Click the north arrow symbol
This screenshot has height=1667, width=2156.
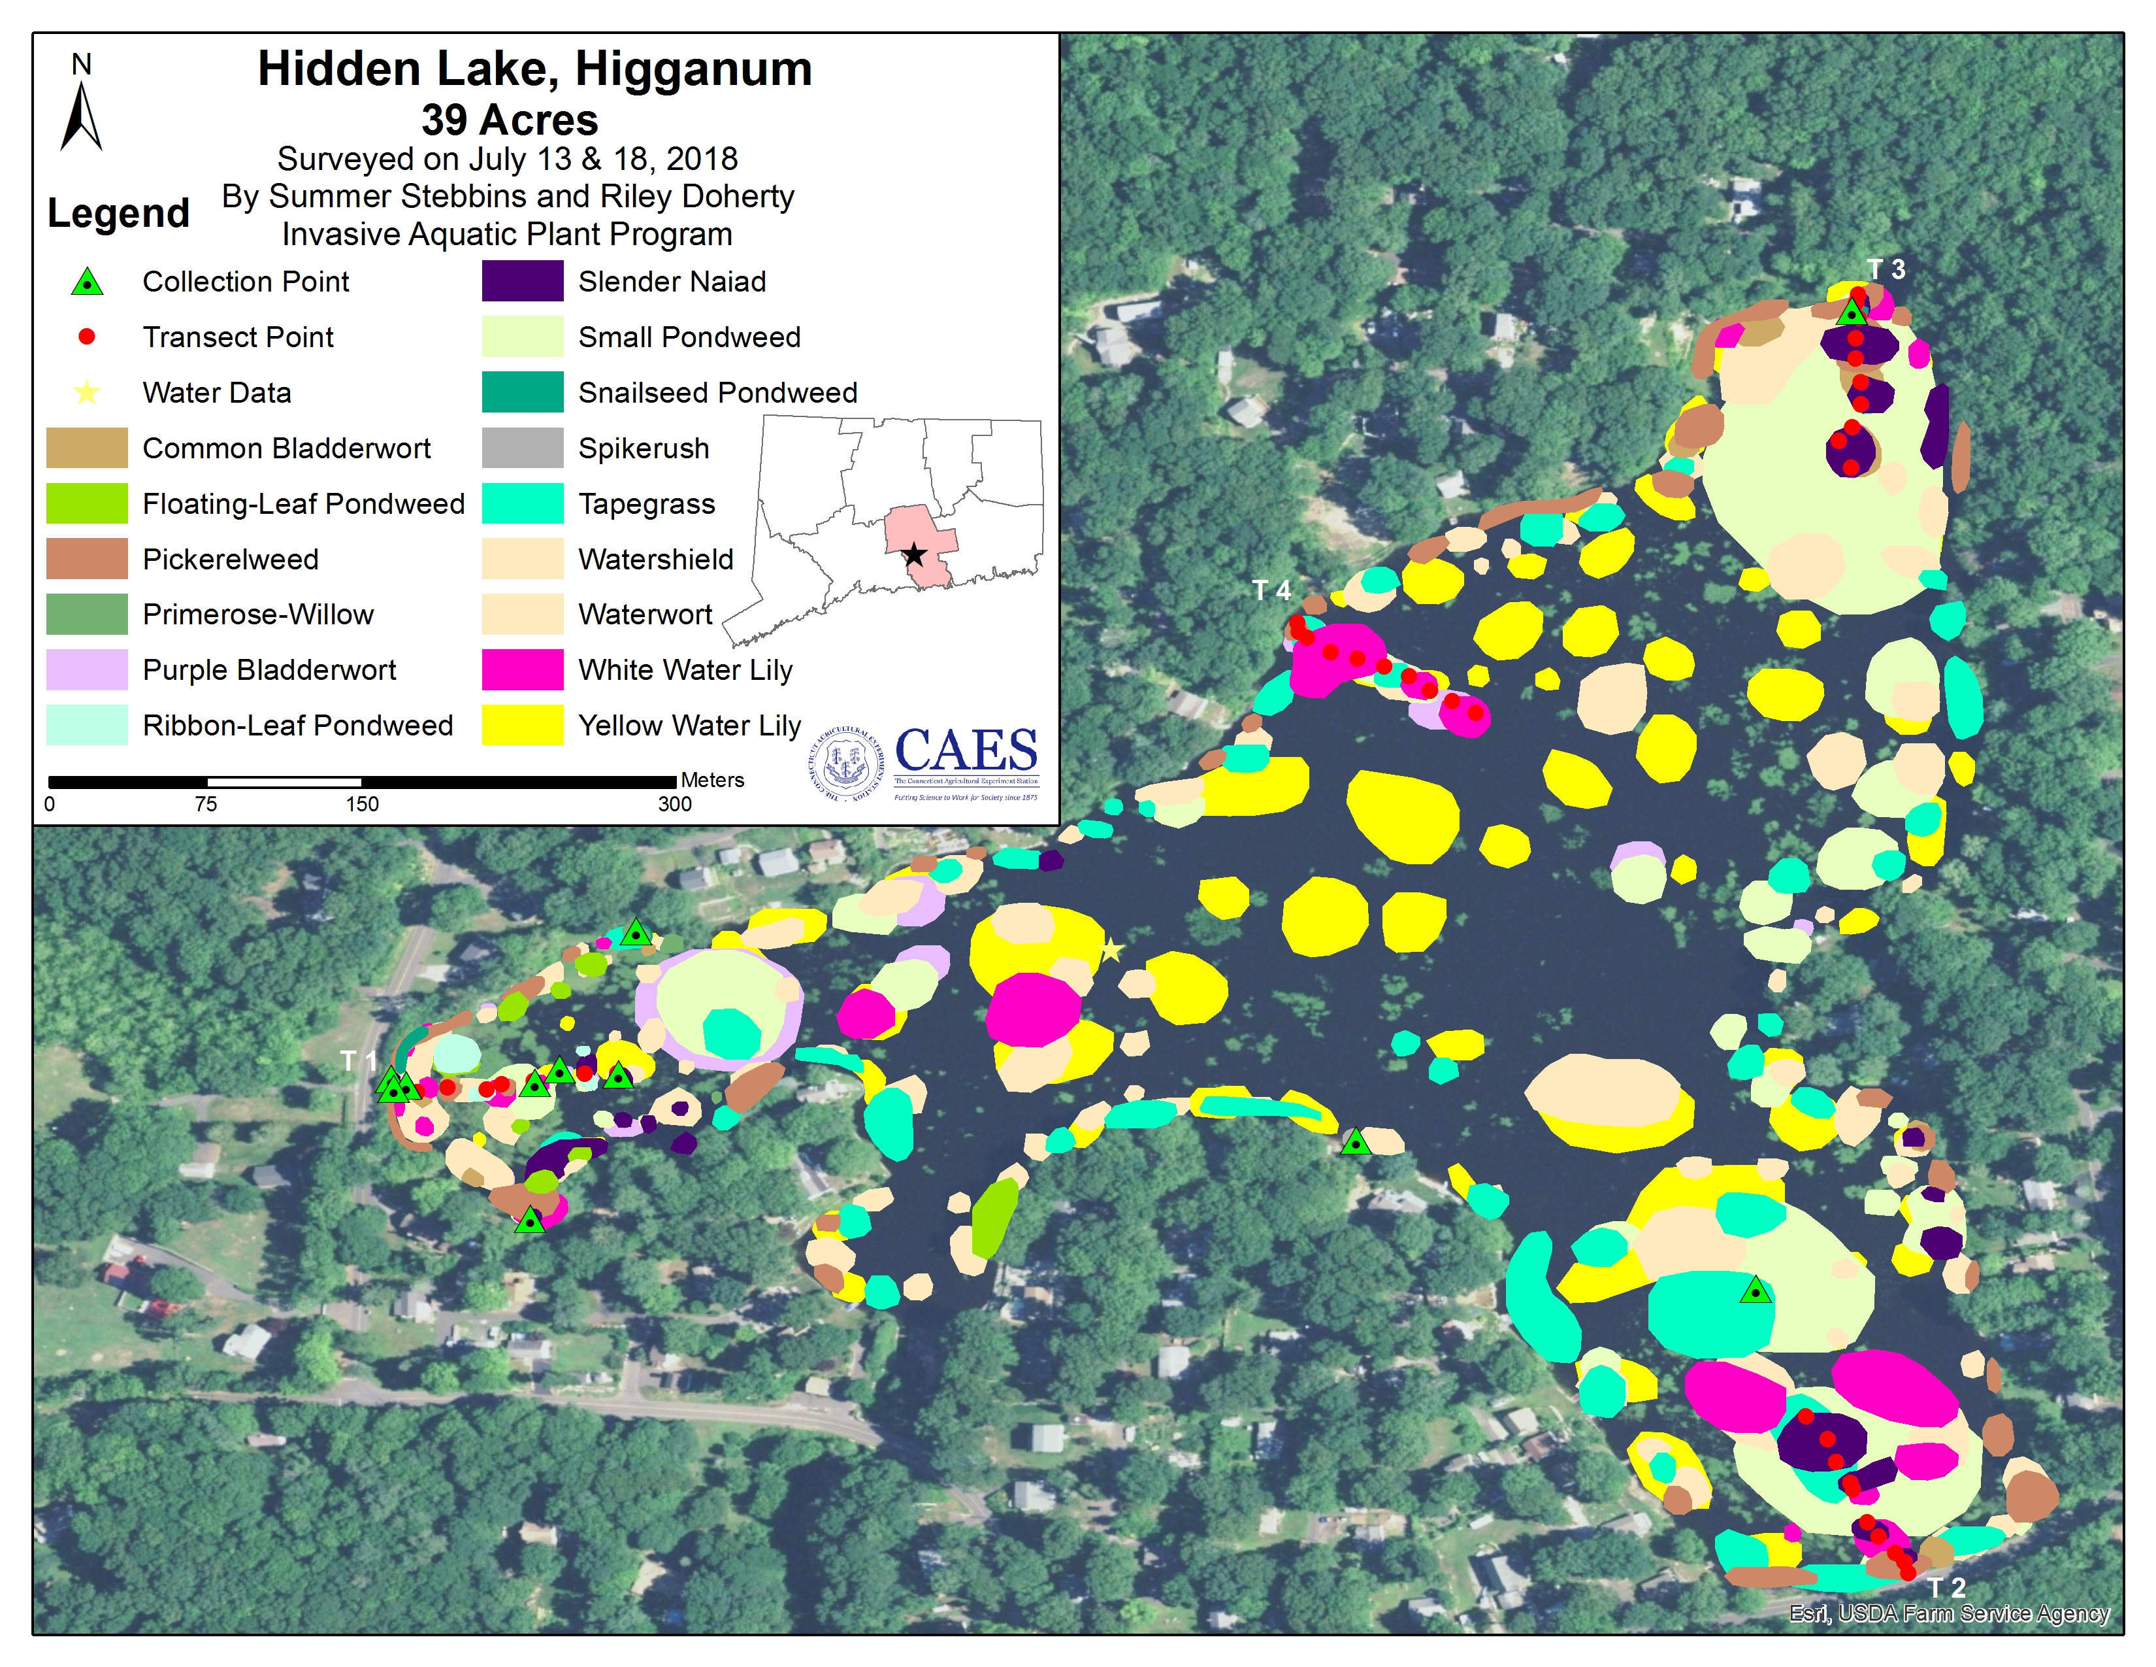81,116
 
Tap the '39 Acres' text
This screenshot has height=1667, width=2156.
510,120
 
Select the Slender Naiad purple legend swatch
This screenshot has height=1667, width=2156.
522,282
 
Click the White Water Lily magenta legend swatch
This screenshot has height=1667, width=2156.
522,669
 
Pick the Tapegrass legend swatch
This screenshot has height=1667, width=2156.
522,503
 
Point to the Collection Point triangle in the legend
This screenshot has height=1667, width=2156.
87,282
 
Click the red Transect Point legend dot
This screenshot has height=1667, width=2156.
87,337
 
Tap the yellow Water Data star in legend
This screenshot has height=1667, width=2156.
87,393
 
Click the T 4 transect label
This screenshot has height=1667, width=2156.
1271,590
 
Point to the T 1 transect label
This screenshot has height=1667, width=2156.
358,1060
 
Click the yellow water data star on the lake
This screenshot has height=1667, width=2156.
1111,950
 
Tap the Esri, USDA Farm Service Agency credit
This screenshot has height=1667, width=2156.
1949,1613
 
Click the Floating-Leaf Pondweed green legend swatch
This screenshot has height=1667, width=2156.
87,503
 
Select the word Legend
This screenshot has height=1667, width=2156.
118,213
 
